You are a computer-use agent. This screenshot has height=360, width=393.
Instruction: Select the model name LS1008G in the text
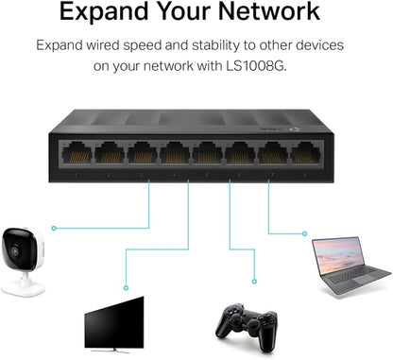coord(274,67)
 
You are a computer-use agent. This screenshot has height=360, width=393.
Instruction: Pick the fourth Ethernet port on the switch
coord(176,155)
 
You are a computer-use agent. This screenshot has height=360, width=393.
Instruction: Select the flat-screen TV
coord(113,321)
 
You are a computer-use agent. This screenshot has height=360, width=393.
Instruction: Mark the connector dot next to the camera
coord(55,228)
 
